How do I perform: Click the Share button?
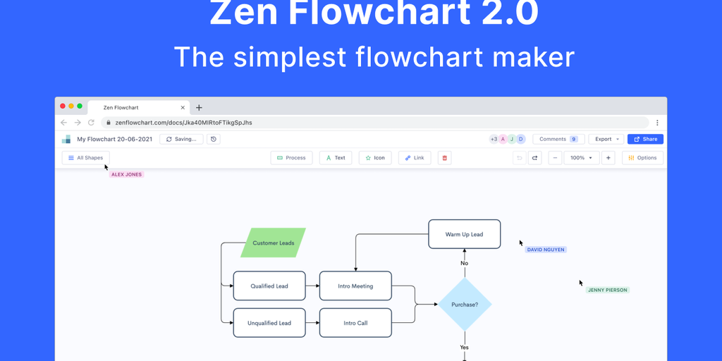click(x=645, y=139)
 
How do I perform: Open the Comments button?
click(x=558, y=139)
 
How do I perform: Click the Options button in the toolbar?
click(x=642, y=158)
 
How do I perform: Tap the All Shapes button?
click(x=85, y=158)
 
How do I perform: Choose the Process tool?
click(x=291, y=158)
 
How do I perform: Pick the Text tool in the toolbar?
click(x=336, y=158)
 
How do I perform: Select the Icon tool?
click(x=375, y=158)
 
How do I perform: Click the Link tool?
click(x=415, y=158)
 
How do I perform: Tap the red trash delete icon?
click(x=444, y=158)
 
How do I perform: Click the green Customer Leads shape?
click(x=273, y=243)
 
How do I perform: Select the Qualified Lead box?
click(x=269, y=286)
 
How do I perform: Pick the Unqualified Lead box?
click(x=269, y=323)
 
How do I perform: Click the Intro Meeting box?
click(x=355, y=286)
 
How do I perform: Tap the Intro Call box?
click(x=355, y=323)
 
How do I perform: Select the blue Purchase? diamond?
click(x=465, y=305)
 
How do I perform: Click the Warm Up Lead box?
click(x=465, y=234)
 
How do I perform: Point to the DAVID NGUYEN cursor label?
click(x=546, y=250)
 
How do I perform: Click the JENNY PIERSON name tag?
click(x=607, y=290)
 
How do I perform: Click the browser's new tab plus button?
click(x=199, y=108)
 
